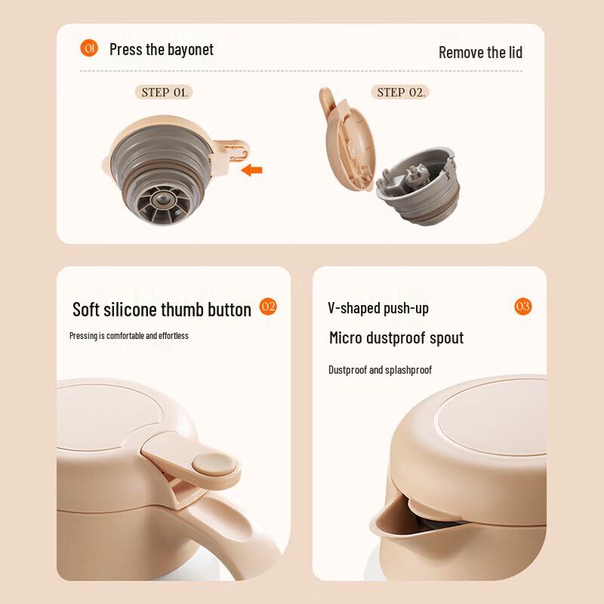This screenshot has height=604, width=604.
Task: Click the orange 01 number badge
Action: click(88, 48)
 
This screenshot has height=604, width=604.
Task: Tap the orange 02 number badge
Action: click(268, 306)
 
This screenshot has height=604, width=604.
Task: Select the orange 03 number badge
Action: click(522, 306)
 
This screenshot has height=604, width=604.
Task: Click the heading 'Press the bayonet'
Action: click(162, 50)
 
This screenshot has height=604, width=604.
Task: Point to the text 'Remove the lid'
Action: click(480, 52)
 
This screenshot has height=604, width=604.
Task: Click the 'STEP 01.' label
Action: click(165, 92)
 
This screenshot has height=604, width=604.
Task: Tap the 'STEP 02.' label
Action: click(399, 92)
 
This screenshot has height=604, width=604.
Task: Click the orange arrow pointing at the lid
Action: click(251, 171)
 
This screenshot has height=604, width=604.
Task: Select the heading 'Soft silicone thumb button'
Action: click(162, 310)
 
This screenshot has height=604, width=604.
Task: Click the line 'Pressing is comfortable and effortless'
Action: click(129, 335)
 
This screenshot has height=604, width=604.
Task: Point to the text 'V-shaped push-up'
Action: click(378, 308)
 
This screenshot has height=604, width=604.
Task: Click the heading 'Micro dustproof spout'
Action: click(396, 337)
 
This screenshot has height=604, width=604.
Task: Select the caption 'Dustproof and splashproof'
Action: click(380, 370)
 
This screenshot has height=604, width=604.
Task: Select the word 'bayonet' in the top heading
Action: click(191, 50)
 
